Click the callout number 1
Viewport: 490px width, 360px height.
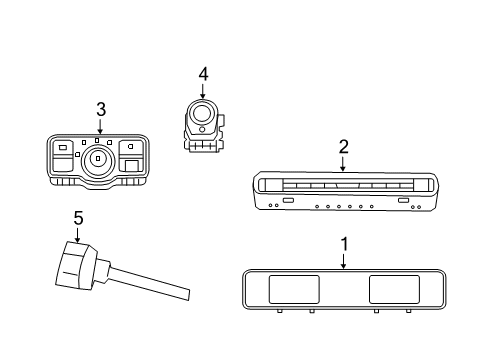[x=344, y=244]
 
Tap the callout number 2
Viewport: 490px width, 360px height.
[x=344, y=147]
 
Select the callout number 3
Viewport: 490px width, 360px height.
[x=101, y=109]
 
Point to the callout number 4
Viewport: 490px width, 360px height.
[x=203, y=74]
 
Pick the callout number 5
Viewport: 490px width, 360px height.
[x=78, y=218]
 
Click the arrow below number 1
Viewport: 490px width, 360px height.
[x=344, y=261]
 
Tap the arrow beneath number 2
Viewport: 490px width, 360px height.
[x=343, y=164]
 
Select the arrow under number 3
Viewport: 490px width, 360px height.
[x=100, y=126]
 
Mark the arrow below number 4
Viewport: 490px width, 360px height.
[x=203, y=91]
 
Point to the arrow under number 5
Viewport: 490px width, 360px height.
[x=77, y=235]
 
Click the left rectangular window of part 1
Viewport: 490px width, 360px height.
[x=294, y=289]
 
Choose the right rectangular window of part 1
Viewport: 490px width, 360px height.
[x=394, y=289]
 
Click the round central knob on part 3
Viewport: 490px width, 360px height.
[x=98, y=161]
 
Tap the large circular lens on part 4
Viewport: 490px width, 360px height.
[x=202, y=113]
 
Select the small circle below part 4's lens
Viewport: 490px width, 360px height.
[x=202, y=129]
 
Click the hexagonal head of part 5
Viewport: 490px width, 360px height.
[x=76, y=265]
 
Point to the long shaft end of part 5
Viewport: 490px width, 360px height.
[x=188, y=295]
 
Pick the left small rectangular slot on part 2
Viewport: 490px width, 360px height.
[x=288, y=200]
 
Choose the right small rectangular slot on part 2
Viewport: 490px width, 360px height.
[x=403, y=200]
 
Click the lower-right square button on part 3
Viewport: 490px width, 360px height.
[x=132, y=166]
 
